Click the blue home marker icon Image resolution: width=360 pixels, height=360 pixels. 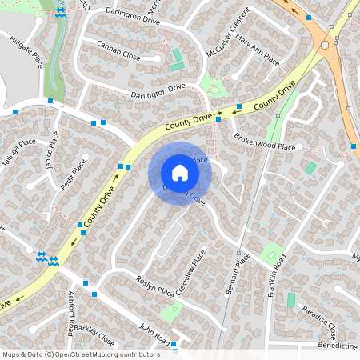[x=180, y=173]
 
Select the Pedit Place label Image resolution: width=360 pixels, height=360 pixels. [x=74, y=174]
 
